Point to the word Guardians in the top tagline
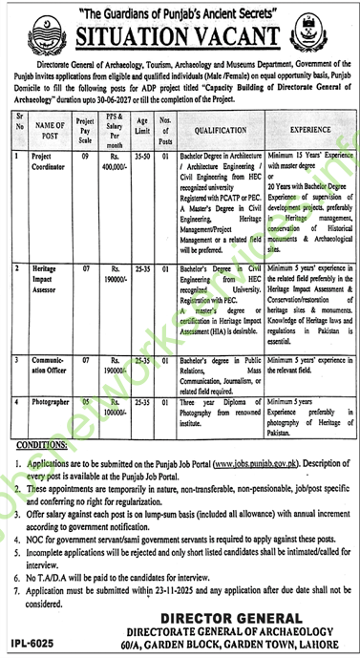[x=132, y=10]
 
